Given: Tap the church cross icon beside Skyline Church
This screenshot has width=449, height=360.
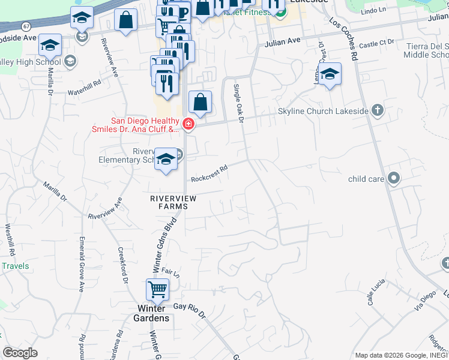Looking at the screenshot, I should pos(377,110).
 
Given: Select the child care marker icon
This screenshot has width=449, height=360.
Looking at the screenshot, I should pos(394,178).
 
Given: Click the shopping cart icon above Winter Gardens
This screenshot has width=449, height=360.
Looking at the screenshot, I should pos(157,290).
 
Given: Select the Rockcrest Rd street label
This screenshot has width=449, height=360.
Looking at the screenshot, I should pos(209,175).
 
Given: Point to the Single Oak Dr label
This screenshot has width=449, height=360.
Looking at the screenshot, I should pos(238,103).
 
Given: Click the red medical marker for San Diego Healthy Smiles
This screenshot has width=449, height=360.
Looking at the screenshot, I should pos(188,124).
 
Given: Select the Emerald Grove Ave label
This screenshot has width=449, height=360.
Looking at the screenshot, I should pos(80,264).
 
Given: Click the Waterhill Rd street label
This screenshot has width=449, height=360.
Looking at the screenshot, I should pos(84,88).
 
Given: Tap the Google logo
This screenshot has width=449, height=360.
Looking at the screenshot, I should pos(20,352).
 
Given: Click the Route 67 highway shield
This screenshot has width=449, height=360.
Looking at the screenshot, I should pos(25,26).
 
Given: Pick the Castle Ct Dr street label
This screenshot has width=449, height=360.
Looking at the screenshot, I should pos(377,43).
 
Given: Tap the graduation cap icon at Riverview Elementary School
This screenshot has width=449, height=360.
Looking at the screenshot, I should pos(166,159).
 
